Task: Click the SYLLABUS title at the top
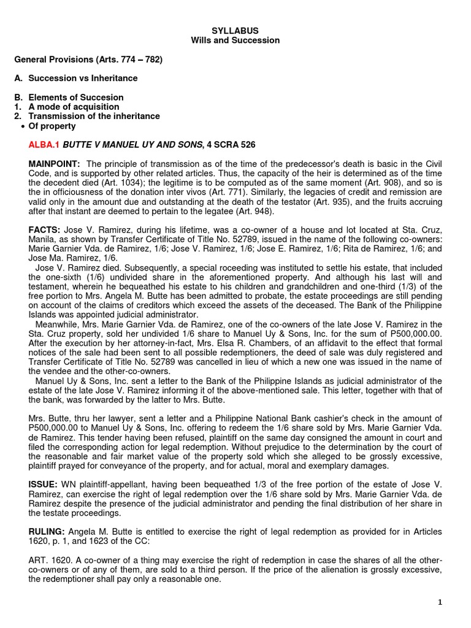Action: click(x=235, y=30)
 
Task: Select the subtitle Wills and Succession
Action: click(x=235, y=40)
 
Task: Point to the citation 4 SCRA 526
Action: click(x=231, y=145)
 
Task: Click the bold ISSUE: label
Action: click(x=44, y=483)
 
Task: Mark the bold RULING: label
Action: click(x=47, y=530)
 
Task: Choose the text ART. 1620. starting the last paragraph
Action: click(x=51, y=559)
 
